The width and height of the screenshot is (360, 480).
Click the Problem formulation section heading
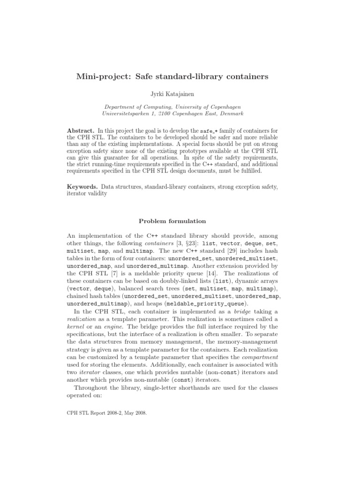pos(173,221)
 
